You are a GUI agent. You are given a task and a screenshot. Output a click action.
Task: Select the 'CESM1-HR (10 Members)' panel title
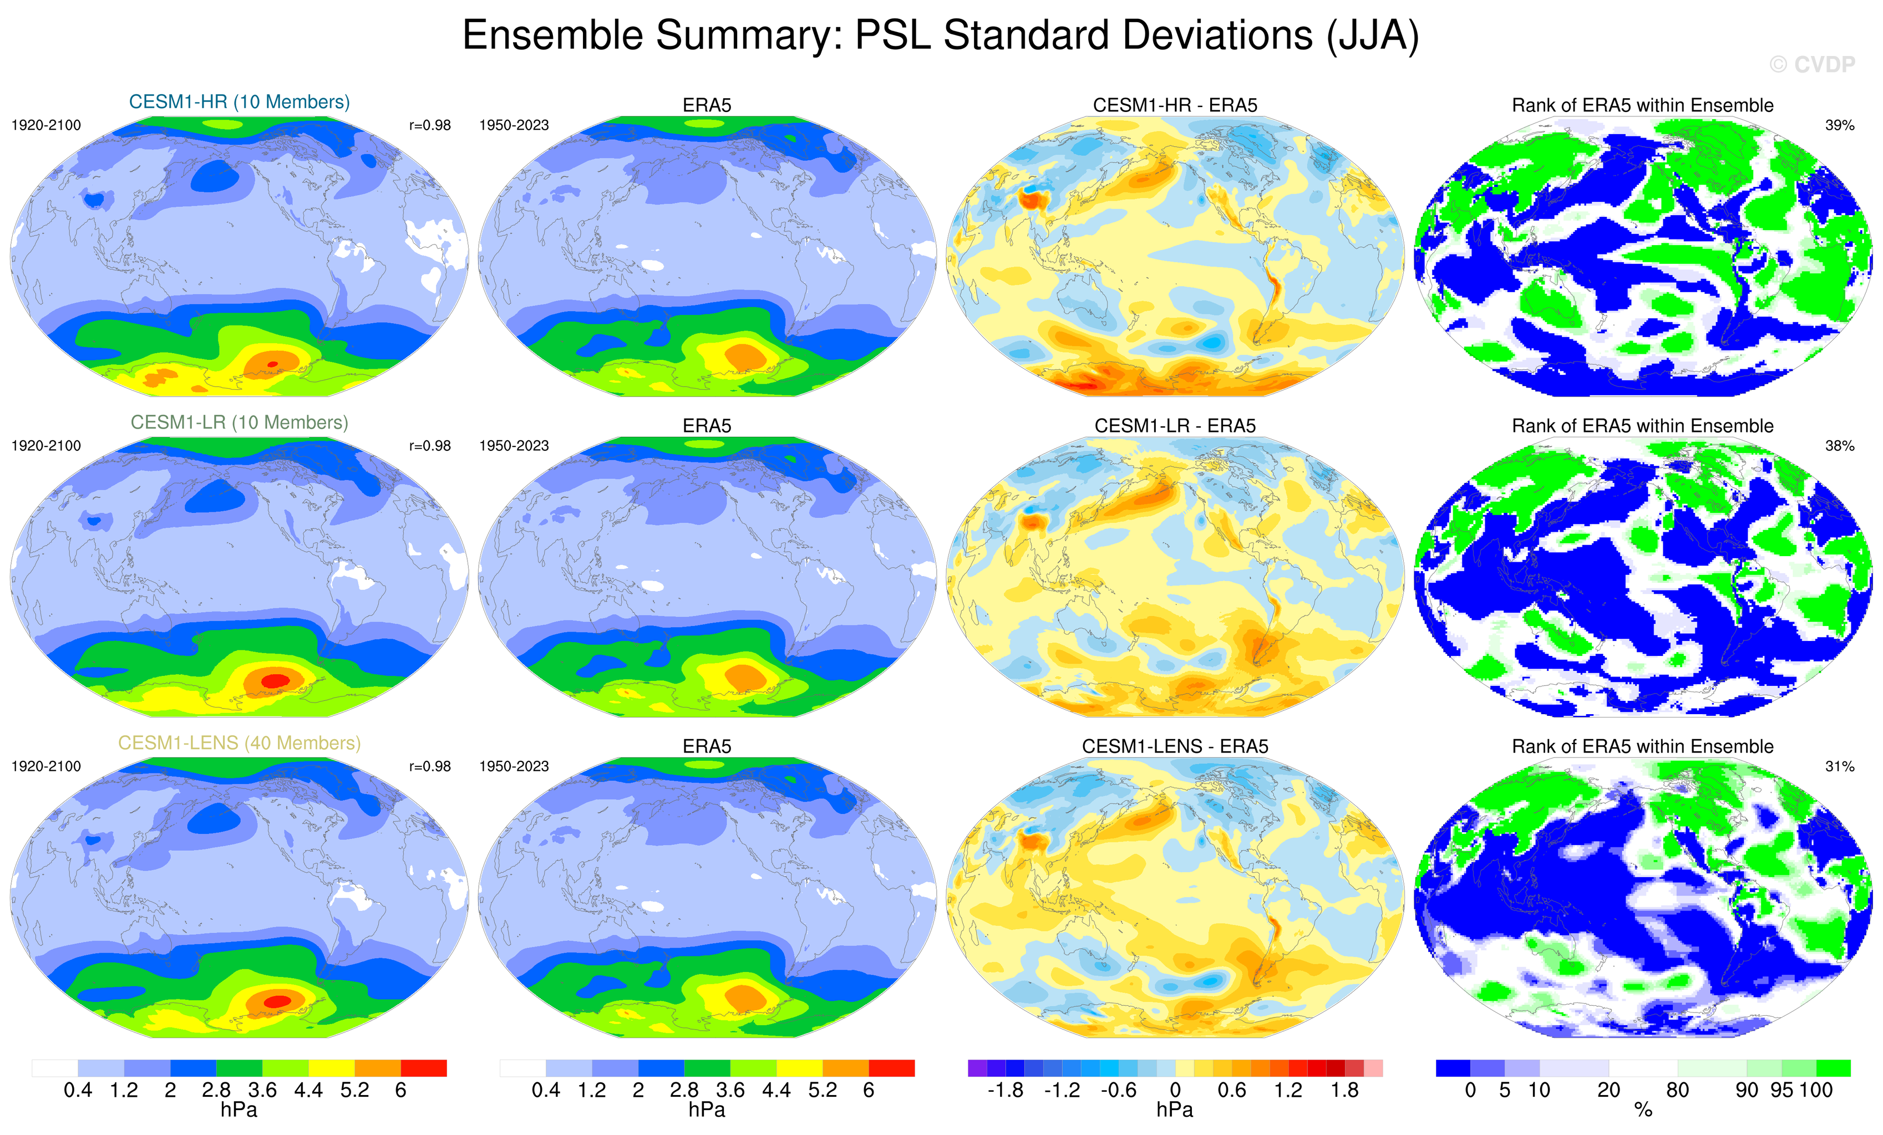click(x=239, y=101)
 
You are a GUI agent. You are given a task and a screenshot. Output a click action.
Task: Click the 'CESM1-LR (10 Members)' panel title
click(x=239, y=423)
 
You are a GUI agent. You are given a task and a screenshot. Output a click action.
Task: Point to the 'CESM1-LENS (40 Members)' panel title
click(x=239, y=742)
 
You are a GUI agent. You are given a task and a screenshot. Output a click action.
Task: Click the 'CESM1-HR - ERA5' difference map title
click(x=1175, y=105)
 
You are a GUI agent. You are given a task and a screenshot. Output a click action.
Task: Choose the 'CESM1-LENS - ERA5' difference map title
click(x=1175, y=746)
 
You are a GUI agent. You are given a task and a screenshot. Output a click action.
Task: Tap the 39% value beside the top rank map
click(x=1839, y=125)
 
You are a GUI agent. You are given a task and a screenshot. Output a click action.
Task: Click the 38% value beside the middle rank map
click(x=1839, y=445)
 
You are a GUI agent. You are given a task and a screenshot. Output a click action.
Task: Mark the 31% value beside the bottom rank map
click(x=1839, y=766)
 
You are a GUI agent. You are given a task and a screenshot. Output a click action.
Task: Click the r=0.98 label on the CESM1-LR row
click(x=429, y=445)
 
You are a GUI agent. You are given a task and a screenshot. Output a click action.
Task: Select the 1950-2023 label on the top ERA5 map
click(x=514, y=125)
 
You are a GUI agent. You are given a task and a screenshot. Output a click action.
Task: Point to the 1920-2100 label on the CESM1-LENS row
click(x=46, y=766)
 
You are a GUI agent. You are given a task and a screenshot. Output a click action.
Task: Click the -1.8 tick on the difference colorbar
click(x=1005, y=1090)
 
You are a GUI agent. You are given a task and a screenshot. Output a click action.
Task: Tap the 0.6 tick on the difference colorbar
click(x=1231, y=1090)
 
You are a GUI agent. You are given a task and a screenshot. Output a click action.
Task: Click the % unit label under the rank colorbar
click(x=1643, y=1110)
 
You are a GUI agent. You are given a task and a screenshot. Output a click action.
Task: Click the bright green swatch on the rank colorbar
click(x=1833, y=1068)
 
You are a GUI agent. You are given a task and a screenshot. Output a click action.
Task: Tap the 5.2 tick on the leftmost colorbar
click(x=354, y=1090)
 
